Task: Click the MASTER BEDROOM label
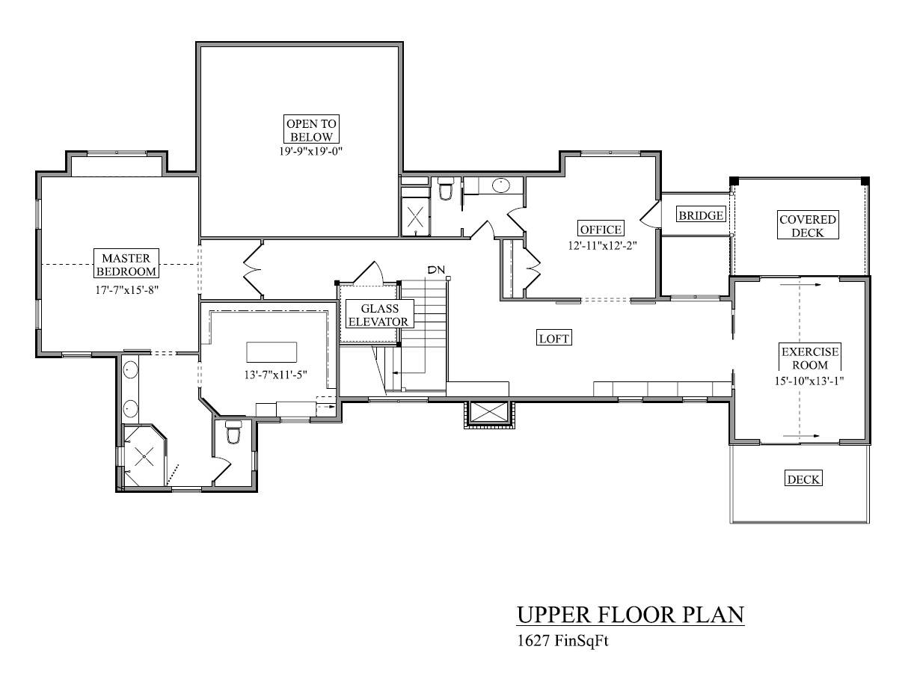point(125,264)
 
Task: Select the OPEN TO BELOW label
point(310,129)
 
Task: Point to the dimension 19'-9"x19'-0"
point(310,150)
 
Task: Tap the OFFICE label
point(600,229)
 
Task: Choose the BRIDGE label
point(701,215)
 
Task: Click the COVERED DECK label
point(807,226)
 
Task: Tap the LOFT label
point(554,339)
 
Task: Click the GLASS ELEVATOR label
point(379,315)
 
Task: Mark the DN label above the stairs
point(435,270)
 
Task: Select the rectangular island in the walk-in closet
point(271,351)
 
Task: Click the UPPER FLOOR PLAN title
point(630,615)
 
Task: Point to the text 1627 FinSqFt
point(559,641)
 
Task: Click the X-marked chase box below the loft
point(487,413)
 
